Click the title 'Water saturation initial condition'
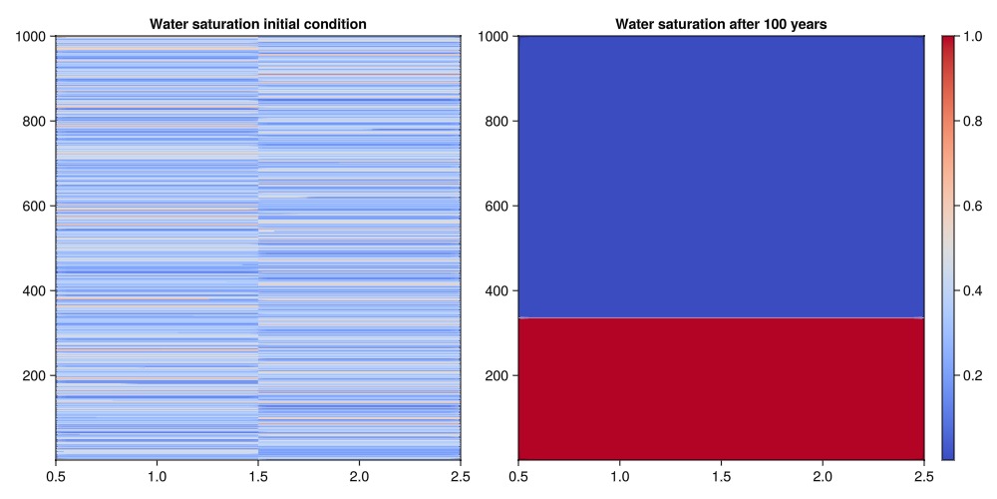click(x=257, y=23)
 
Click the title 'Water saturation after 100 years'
click(x=721, y=23)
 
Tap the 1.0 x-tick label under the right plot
click(x=620, y=477)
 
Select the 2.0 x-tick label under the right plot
click(x=823, y=477)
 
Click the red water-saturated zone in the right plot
click(x=721, y=389)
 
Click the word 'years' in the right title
click(x=807, y=23)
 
